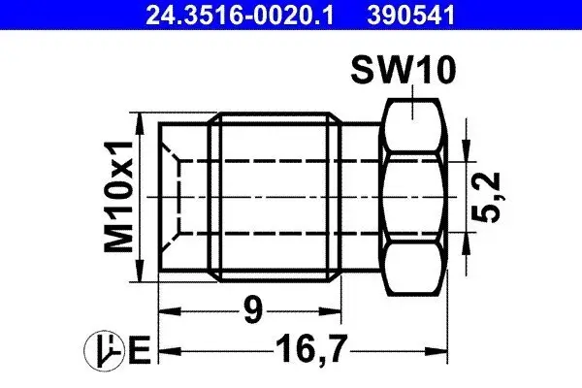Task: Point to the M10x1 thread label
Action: point(119,197)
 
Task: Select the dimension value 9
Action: point(250,312)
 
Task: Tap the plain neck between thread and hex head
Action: point(362,197)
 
